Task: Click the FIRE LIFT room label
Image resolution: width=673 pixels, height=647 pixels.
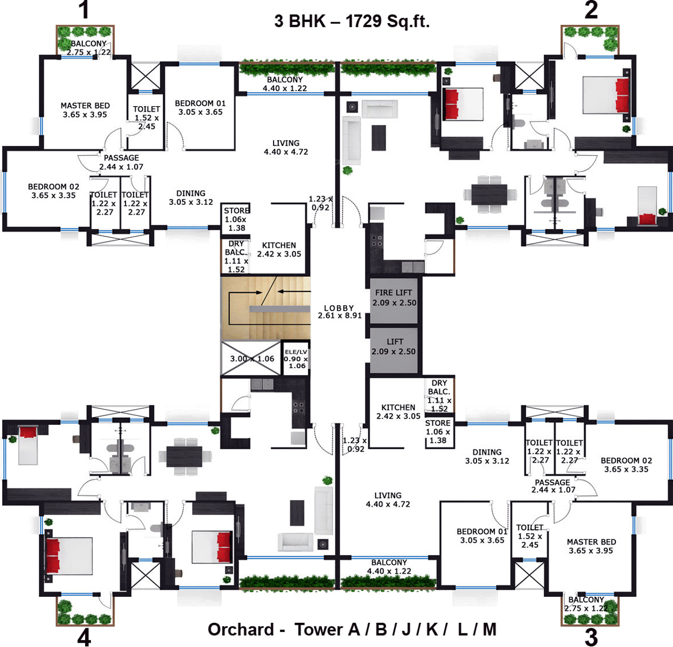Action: [393, 293]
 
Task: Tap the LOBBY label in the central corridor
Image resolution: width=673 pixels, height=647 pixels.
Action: [339, 308]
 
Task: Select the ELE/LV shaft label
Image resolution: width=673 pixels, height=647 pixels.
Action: [296, 352]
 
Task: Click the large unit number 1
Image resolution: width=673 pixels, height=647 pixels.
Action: [84, 10]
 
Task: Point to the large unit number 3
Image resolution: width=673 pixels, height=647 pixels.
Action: [591, 636]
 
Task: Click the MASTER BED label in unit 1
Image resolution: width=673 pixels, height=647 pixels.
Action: [85, 106]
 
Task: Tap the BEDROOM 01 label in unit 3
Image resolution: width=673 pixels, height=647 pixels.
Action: [482, 531]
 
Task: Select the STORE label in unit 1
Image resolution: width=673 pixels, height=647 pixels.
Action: [236, 211]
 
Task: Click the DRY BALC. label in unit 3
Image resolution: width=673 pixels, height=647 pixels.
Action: [439, 387]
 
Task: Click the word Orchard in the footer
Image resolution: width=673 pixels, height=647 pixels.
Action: [241, 629]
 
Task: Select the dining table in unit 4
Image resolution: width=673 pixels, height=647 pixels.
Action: [184, 456]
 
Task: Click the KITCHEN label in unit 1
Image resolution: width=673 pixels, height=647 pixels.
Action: [279, 245]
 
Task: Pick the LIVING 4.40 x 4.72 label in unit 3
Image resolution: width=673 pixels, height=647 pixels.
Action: [388, 500]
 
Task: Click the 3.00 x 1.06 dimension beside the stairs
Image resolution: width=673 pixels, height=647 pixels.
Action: [252, 359]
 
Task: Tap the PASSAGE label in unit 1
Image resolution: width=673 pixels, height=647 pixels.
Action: [121, 158]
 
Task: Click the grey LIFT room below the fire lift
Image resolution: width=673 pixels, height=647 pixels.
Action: [394, 350]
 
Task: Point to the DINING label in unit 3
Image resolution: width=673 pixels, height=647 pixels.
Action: [487, 452]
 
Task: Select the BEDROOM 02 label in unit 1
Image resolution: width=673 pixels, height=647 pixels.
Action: [54, 187]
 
